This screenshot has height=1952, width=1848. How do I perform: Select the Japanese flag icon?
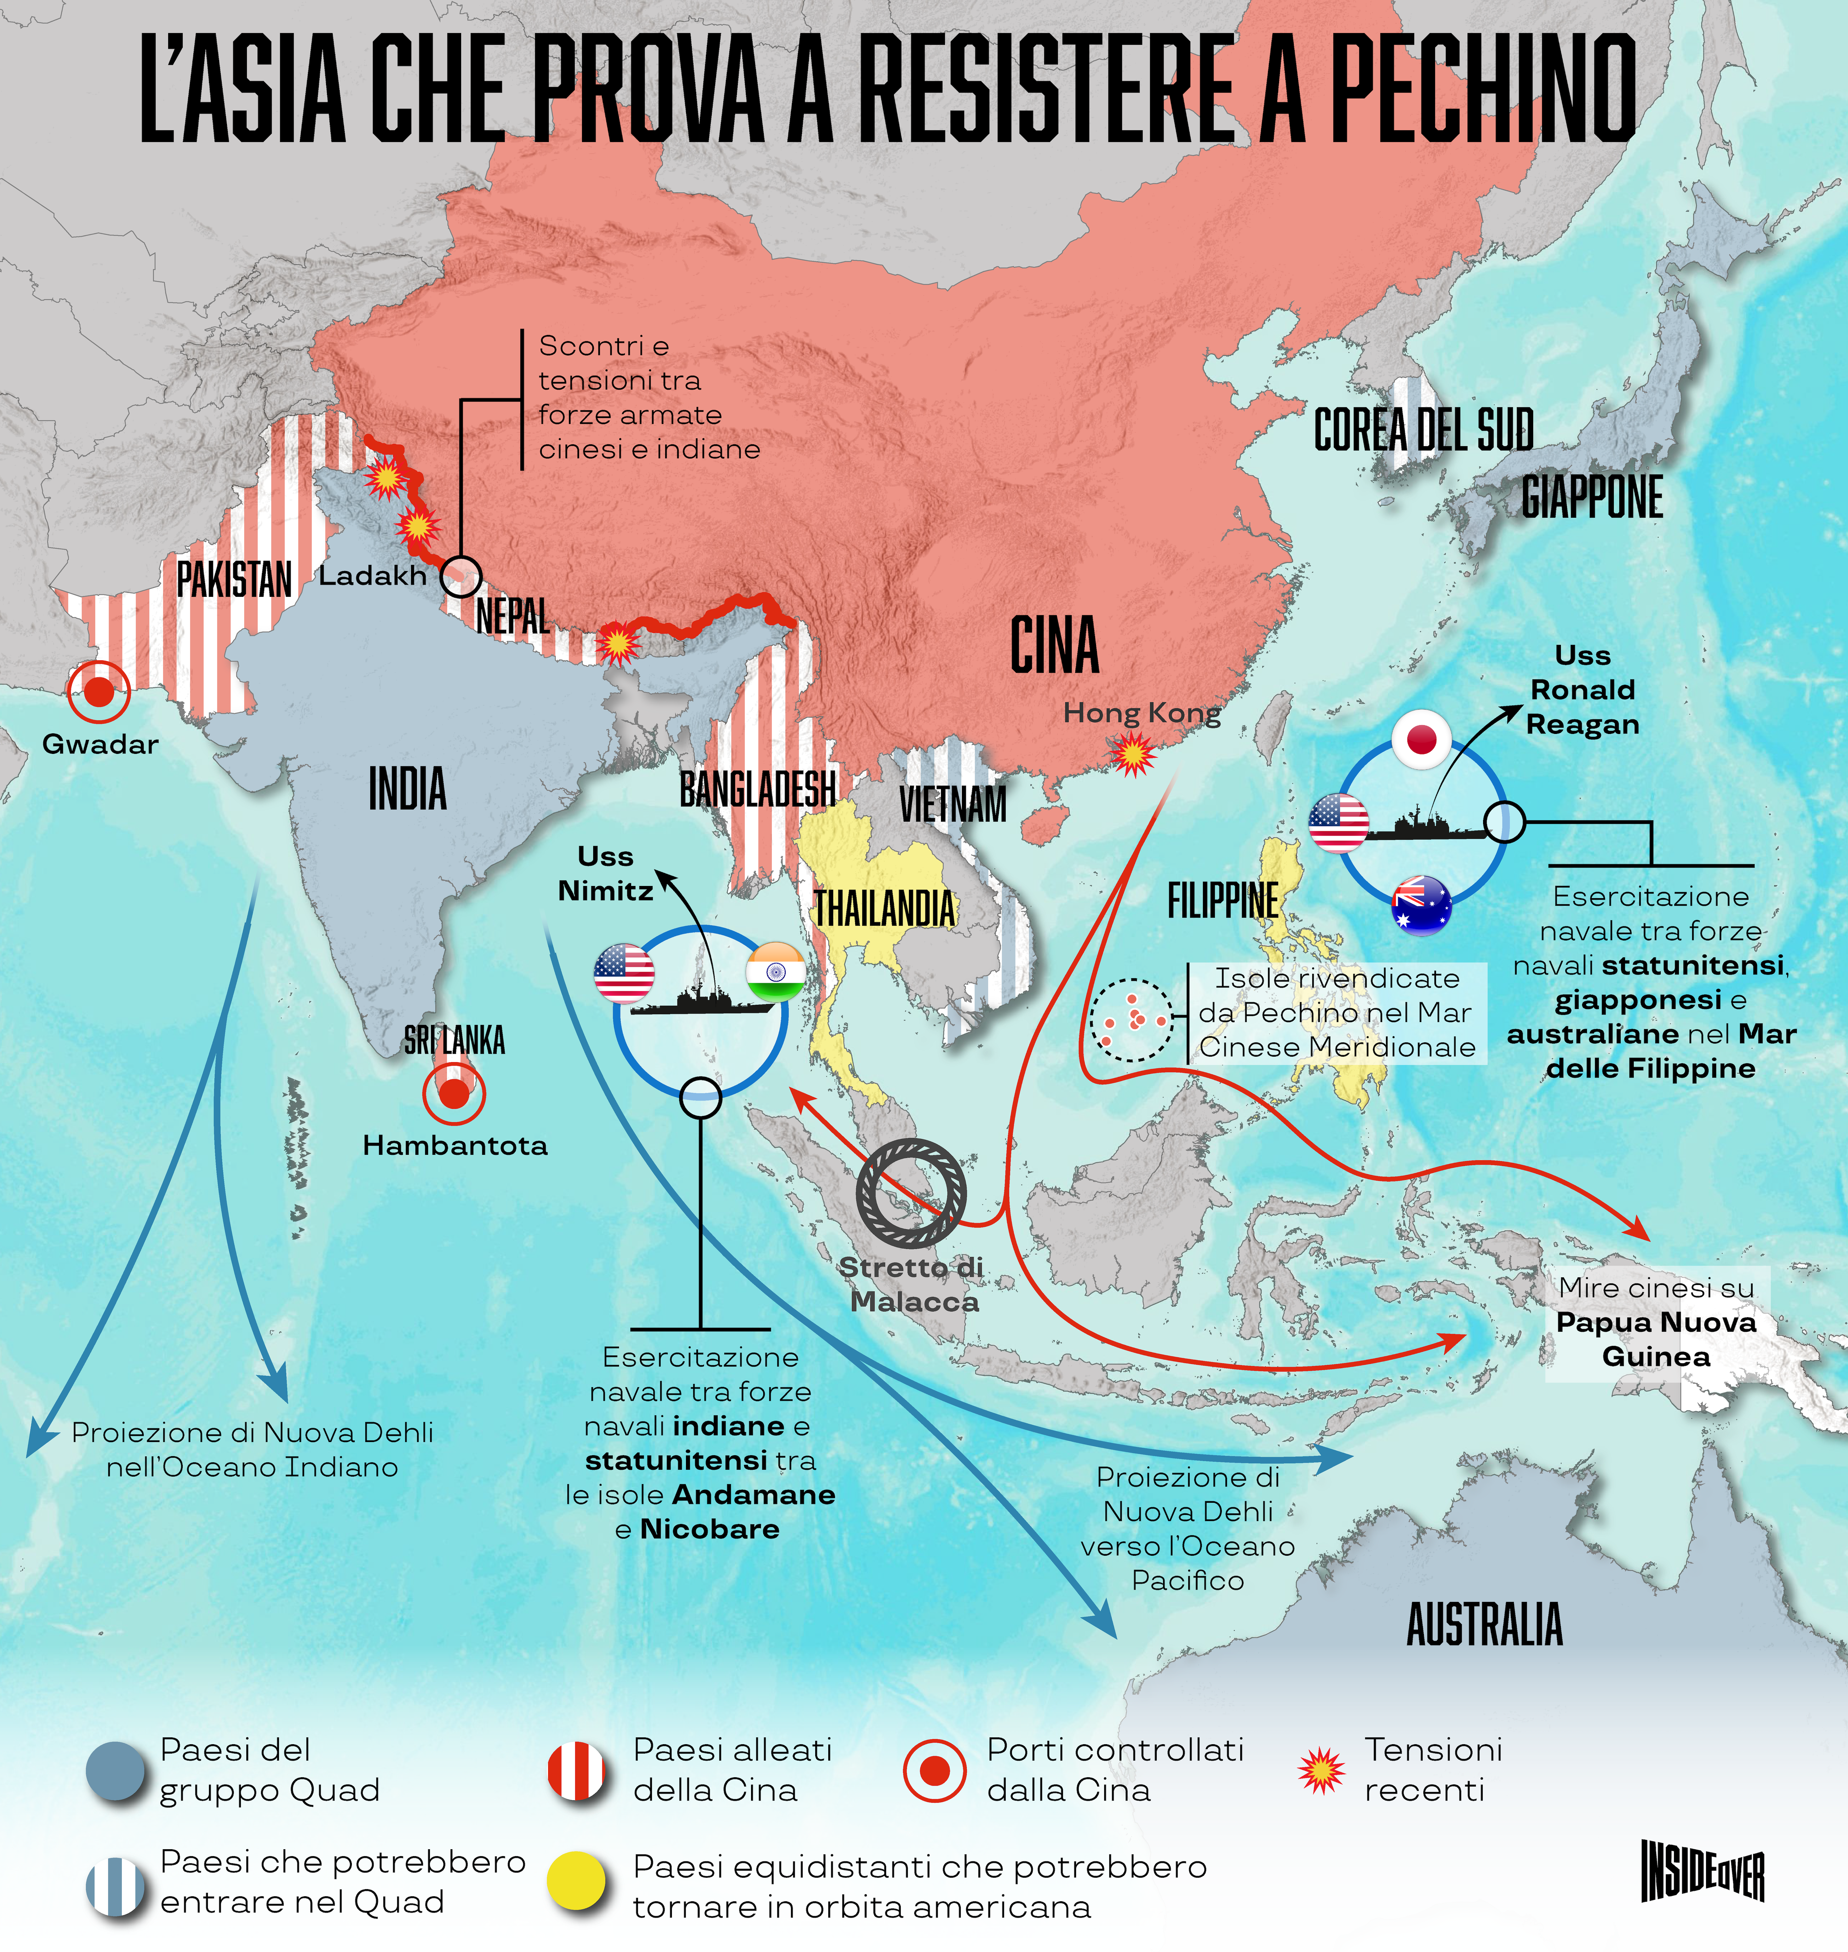point(1421,739)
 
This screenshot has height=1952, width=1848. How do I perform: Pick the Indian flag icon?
point(775,973)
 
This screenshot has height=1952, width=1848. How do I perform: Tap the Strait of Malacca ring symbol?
point(911,1192)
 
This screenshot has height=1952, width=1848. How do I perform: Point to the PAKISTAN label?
point(234,579)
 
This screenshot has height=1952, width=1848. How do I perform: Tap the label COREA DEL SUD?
point(1423,431)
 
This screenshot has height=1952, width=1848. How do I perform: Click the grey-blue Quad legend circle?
point(115,1771)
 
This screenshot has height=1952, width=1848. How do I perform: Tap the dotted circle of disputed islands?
point(1133,1020)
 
